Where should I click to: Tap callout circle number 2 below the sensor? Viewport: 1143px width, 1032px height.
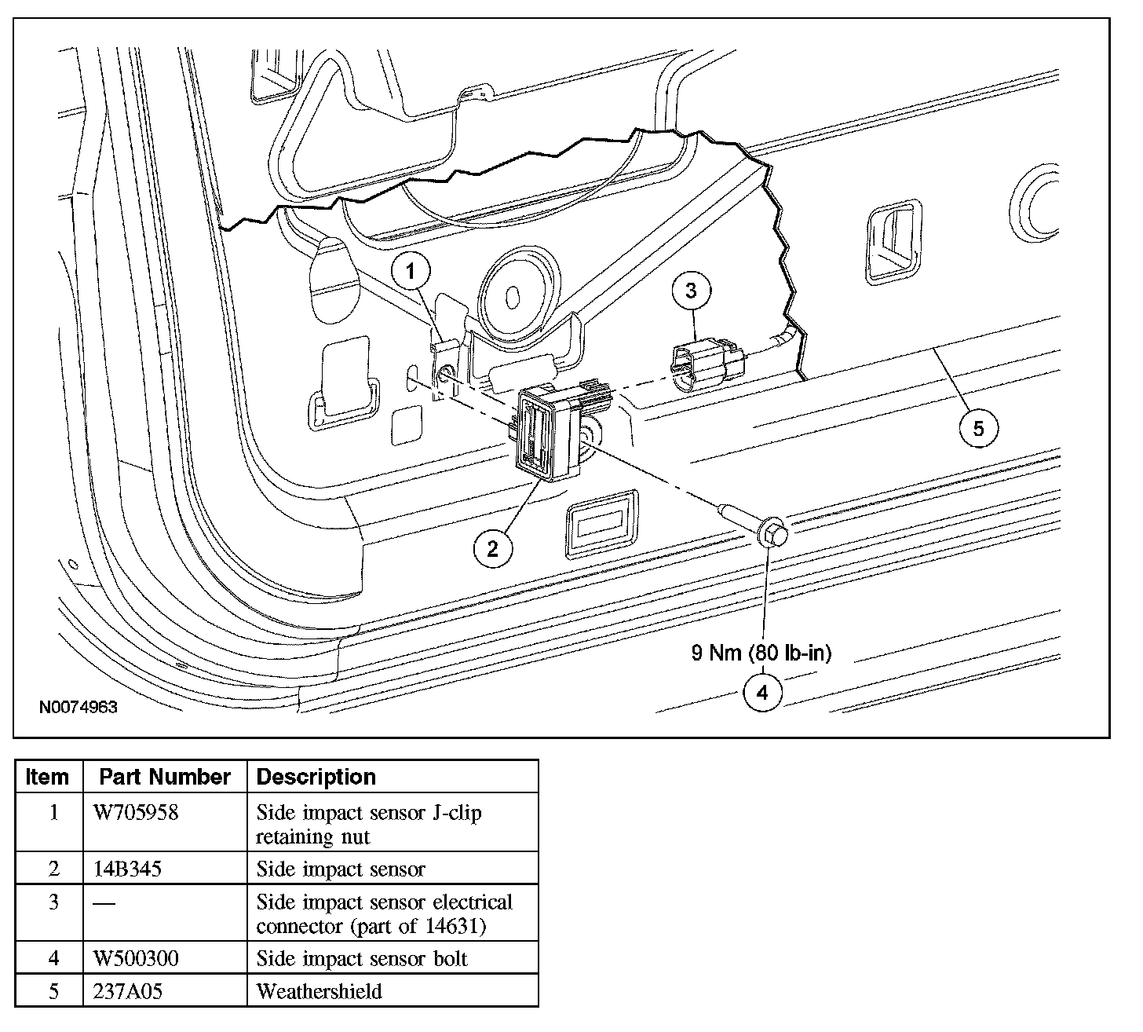[x=492, y=548]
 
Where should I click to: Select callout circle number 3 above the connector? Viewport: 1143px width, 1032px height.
[x=691, y=291]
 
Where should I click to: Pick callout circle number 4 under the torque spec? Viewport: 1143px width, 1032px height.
[x=761, y=693]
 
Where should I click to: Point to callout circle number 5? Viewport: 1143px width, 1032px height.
[x=978, y=428]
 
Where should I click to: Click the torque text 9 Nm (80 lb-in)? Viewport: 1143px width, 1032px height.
[x=761, y=653]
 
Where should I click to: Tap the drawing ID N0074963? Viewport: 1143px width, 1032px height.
[x=79, y=707]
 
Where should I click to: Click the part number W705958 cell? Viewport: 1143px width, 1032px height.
[x=136, y=812]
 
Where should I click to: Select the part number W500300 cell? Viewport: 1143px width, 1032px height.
[x=136, y=959]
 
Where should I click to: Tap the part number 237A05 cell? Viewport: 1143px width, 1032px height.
[x=127, y=991]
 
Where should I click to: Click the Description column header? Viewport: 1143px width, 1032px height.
[x=316, y=777]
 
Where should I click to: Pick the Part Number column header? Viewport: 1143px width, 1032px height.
[x=165, y=777]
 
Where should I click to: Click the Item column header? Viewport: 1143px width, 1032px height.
[x=47, y=777]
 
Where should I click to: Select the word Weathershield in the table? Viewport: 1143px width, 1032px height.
[x=319, y=991]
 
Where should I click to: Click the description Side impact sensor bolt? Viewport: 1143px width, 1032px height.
[x=362, y=959]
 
